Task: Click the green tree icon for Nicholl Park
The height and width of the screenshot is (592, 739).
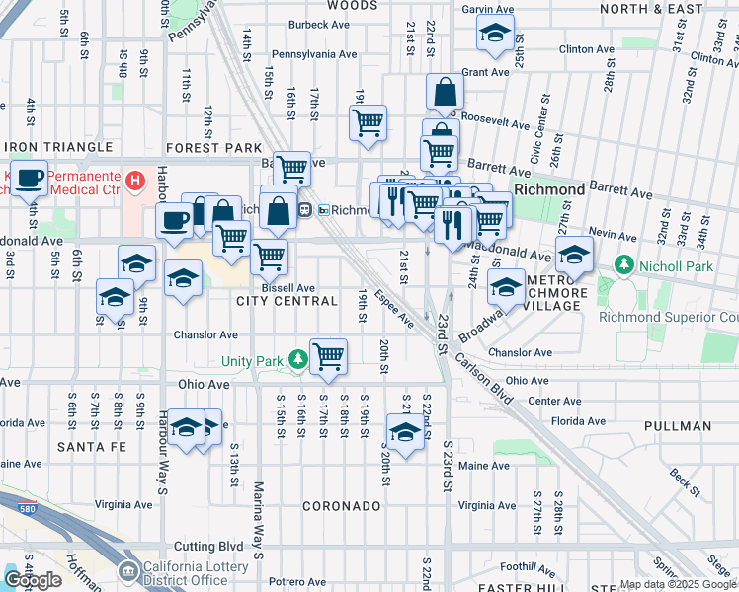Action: click(623, 265)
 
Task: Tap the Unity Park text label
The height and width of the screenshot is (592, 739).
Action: click(253, 362)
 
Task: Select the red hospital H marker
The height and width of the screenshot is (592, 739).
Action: click(136, 181)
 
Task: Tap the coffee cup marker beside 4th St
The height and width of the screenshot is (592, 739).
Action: click(30, 178)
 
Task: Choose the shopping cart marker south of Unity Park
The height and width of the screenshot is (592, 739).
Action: click(328, 355)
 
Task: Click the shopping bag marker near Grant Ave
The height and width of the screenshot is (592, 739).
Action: click(446, 93)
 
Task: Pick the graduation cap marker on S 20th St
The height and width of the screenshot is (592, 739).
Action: click(404, 431)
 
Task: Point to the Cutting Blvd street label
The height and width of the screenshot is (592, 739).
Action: click(209, 545)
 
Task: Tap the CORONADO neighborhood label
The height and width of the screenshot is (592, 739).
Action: click(341, 505)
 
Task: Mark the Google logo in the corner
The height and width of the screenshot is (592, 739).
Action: click(33, 579)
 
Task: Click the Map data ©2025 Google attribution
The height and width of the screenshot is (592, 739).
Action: click(678, 584)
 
